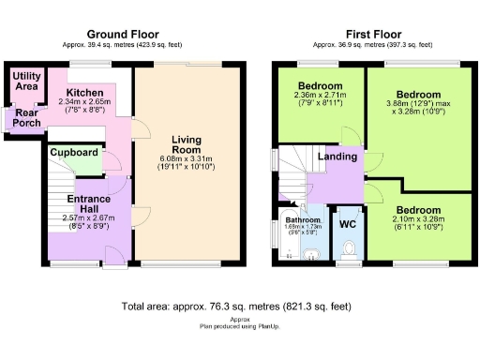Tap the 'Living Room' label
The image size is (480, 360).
pos(187,146)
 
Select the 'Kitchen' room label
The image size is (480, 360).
pos(84,93)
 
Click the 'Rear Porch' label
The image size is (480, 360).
pos(21,119)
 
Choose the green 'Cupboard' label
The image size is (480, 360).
pos(75,152)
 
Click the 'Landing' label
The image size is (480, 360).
pos(337,157)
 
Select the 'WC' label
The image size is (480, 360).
pos(346,225)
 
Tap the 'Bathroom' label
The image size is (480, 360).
pos(303,219)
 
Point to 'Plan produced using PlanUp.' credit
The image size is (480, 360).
pos(240,325)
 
